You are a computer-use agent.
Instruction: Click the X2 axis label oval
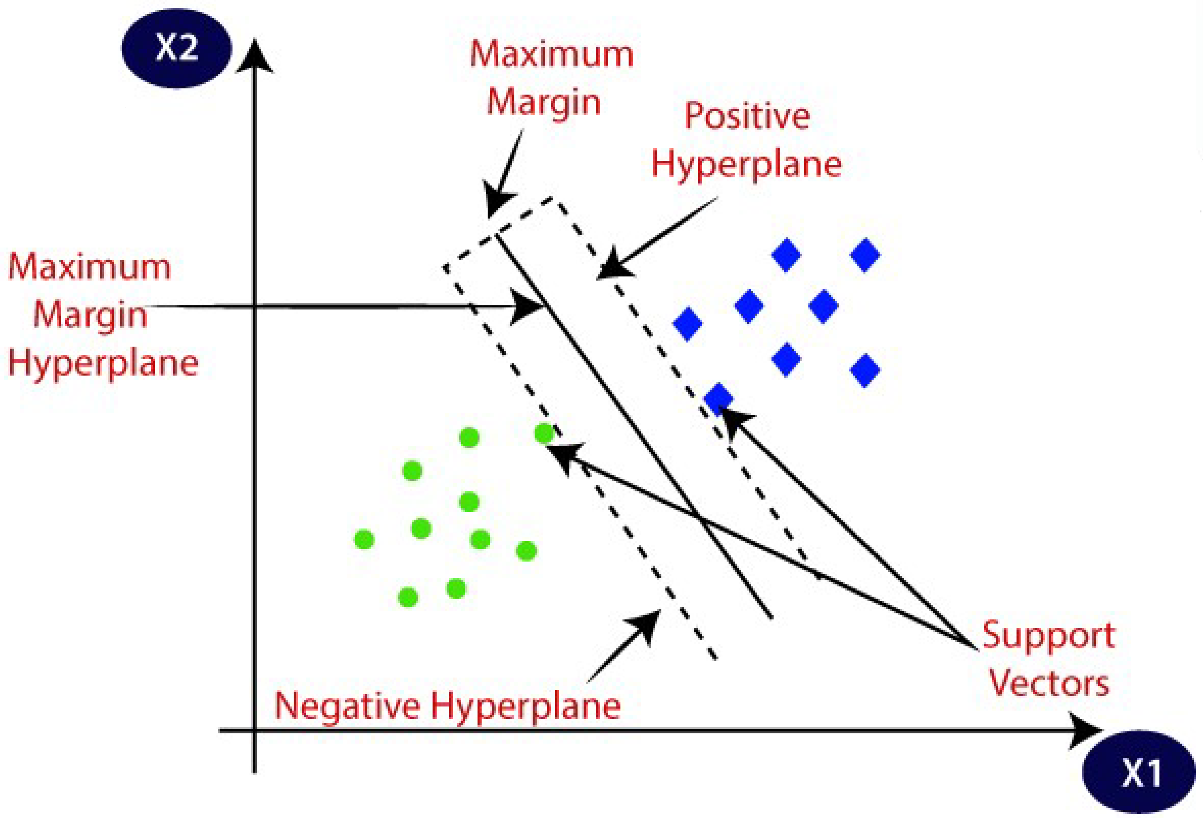click(x=177, y=48)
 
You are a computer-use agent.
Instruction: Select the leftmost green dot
click(x=364, y=539)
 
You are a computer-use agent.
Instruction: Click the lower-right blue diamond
click(x=865, y=370)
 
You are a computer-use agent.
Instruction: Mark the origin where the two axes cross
click(x=254, y=731)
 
